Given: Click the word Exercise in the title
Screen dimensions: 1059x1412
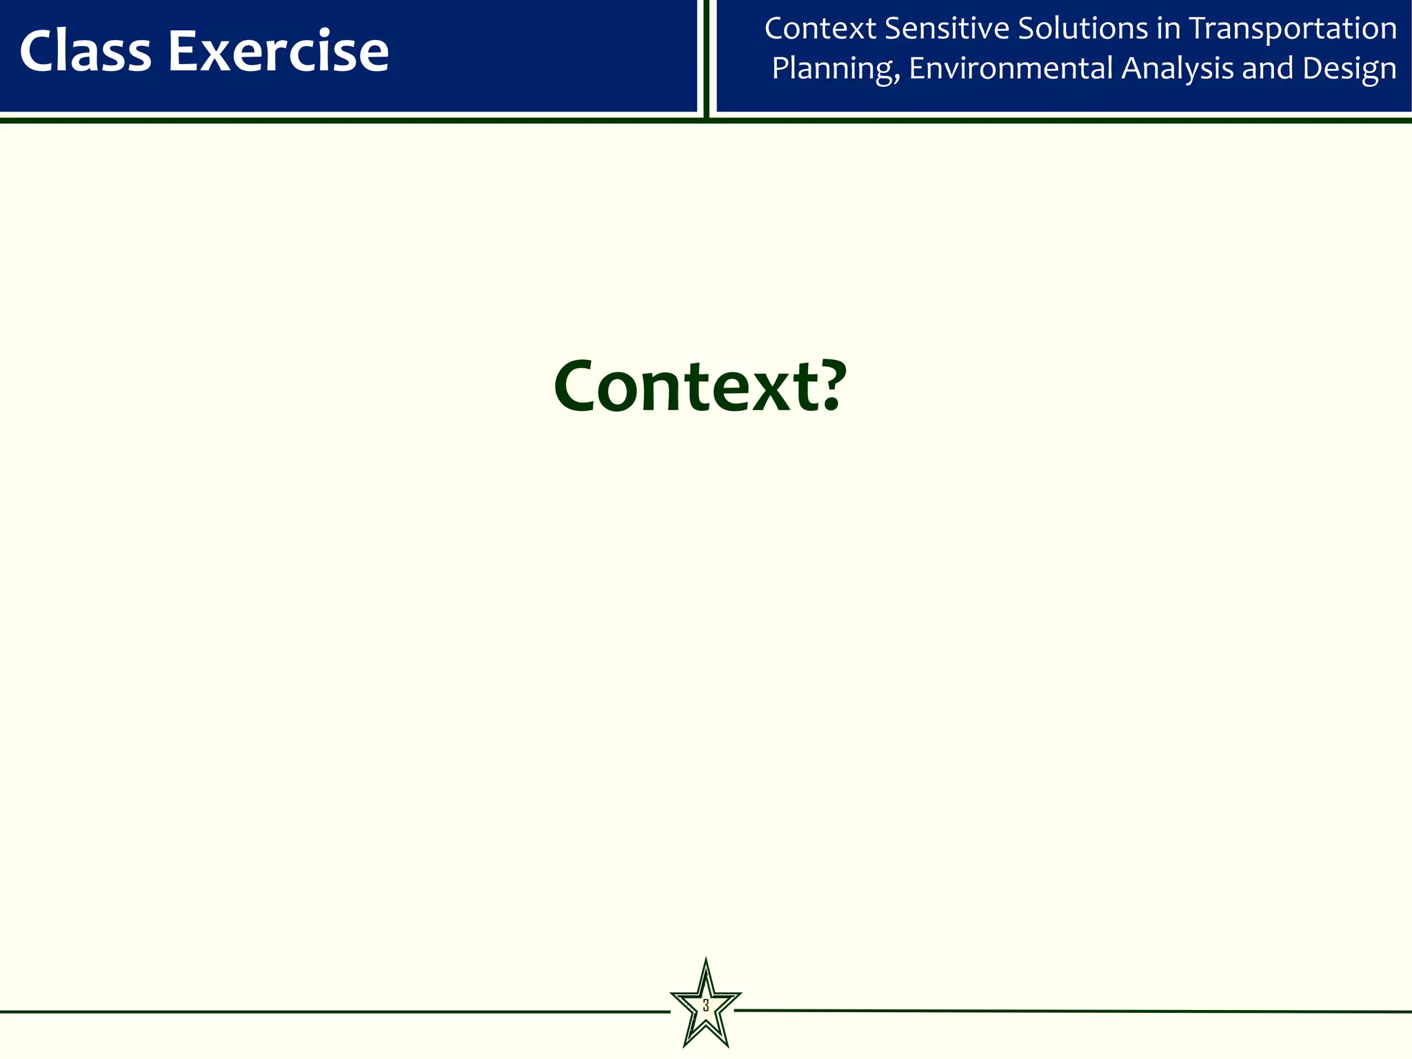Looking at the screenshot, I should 279,52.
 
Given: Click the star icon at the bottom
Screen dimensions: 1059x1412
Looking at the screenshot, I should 705,1005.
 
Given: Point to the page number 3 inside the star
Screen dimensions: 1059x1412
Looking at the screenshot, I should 705,1005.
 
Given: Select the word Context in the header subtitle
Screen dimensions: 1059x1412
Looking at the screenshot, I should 820,29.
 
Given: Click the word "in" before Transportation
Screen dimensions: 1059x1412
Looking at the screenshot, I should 1168,29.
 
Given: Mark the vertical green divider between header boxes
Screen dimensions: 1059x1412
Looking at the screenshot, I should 707,59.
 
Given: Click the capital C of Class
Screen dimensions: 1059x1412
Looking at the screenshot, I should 37,52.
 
